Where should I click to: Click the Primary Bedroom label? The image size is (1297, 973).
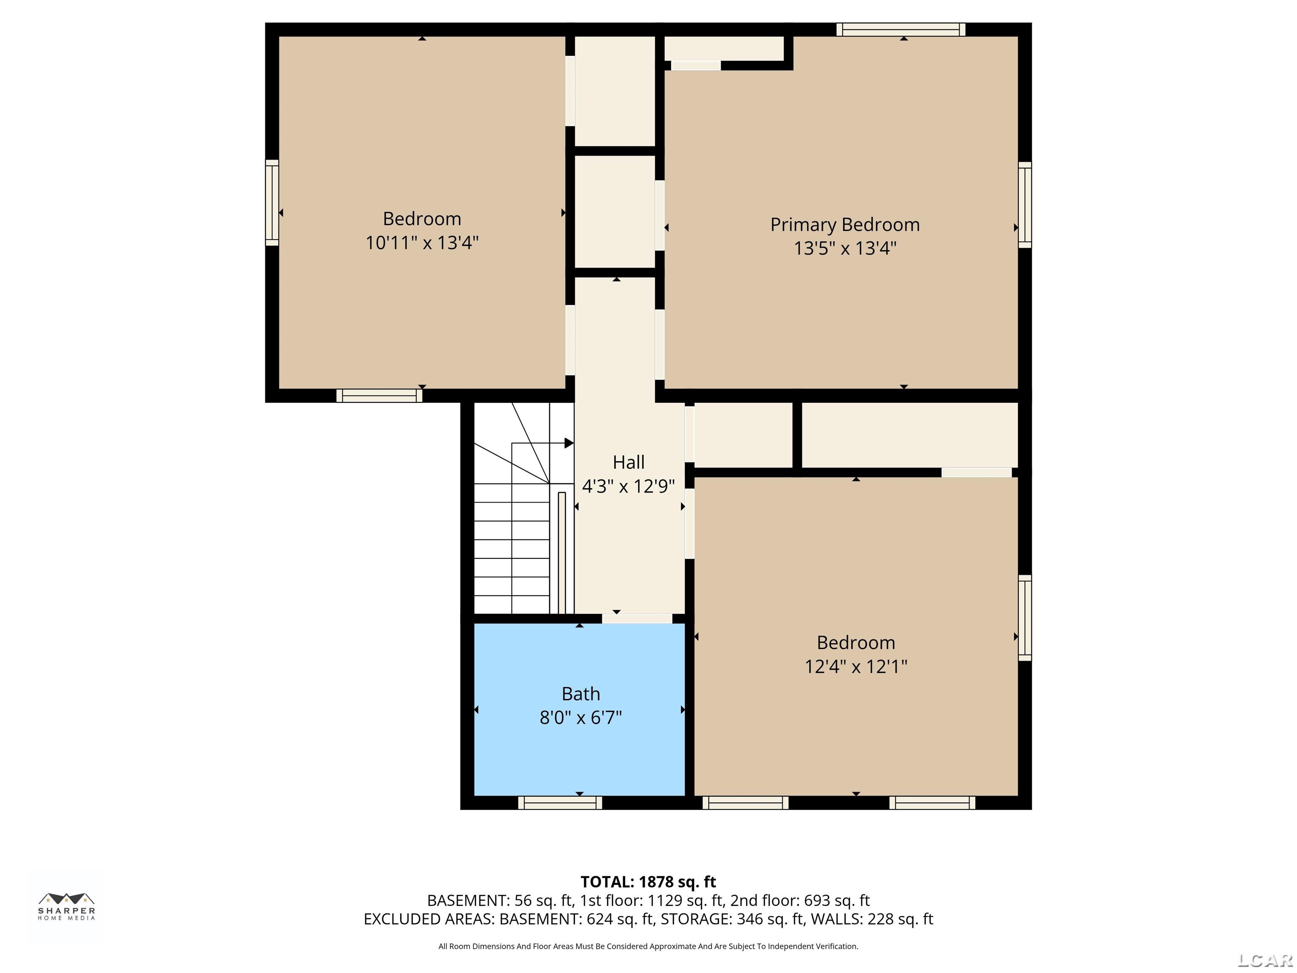tap(844, 225)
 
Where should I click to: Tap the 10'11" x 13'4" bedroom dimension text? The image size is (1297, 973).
tap(422, 243)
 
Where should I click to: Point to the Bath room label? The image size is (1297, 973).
tap(581, 694)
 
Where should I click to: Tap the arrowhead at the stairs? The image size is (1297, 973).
tap(568, 443)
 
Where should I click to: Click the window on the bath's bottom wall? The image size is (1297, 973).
tap(560, 802)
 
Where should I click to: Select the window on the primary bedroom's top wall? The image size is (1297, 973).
tap(901, 29)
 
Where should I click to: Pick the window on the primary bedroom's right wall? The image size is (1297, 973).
tap(1024, 205)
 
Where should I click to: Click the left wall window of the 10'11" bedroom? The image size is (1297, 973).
tap(271, 202)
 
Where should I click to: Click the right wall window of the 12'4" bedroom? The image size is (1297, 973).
tap(1024, 617)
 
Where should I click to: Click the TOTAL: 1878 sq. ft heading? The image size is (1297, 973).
tap(648, 881)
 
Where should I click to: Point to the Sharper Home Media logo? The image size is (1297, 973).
tap(66, 906)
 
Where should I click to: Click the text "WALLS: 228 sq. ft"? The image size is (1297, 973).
tap(871, 919)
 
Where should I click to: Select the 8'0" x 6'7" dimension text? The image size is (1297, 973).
tap(581, 717)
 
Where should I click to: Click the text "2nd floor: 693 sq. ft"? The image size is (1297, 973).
tap(800, 900)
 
